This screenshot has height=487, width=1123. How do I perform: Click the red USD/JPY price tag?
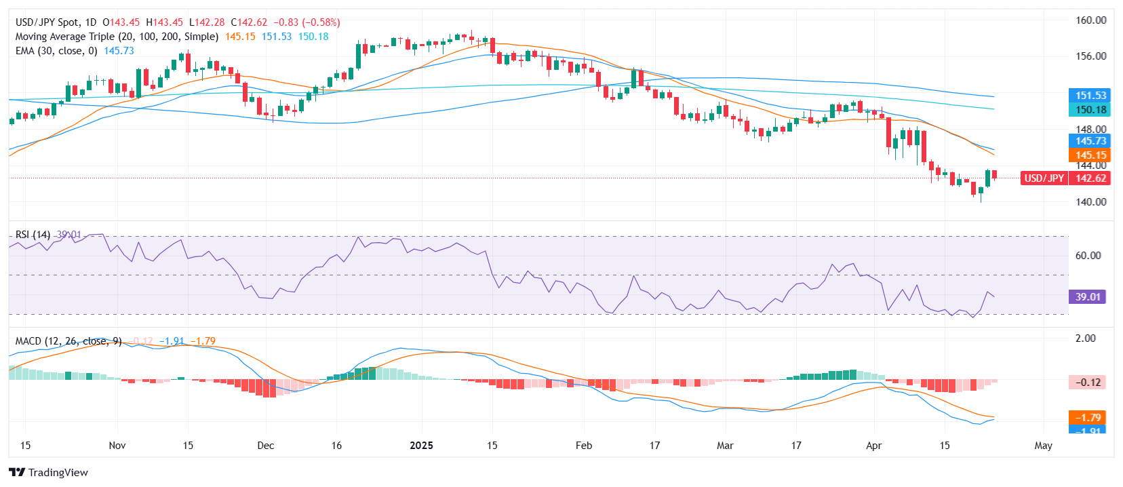coord(1044,178)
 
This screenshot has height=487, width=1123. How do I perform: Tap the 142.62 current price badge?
coord(1090,178)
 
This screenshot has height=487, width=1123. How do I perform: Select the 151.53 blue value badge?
coord(1090,96)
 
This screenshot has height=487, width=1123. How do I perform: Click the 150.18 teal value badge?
coord(1090,110)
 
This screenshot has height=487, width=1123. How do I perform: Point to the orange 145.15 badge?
coord(1090,155)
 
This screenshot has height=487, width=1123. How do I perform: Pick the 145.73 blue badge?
coord(1090,141)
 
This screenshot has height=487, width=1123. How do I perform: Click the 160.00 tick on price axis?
coord(1090,20)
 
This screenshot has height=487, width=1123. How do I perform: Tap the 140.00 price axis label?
coord(1090,201)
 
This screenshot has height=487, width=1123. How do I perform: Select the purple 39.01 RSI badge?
coord(1087,297)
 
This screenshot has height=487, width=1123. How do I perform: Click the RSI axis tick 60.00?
coord(1088,256)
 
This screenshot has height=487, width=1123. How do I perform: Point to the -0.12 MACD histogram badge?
coord(1087,383)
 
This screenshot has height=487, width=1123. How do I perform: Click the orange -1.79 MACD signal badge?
coord(1087,418)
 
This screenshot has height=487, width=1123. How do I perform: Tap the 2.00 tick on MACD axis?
coord(1085,338)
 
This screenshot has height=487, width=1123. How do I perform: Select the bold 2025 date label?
coord(421,446)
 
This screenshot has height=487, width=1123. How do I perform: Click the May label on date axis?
coord(1043,446)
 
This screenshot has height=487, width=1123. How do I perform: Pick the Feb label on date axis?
coord(583,446)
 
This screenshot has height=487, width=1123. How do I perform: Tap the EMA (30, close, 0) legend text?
coord(56,51)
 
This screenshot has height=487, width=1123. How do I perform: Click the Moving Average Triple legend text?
coord(117,37)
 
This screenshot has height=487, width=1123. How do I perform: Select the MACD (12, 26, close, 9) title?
coord(68,341)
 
